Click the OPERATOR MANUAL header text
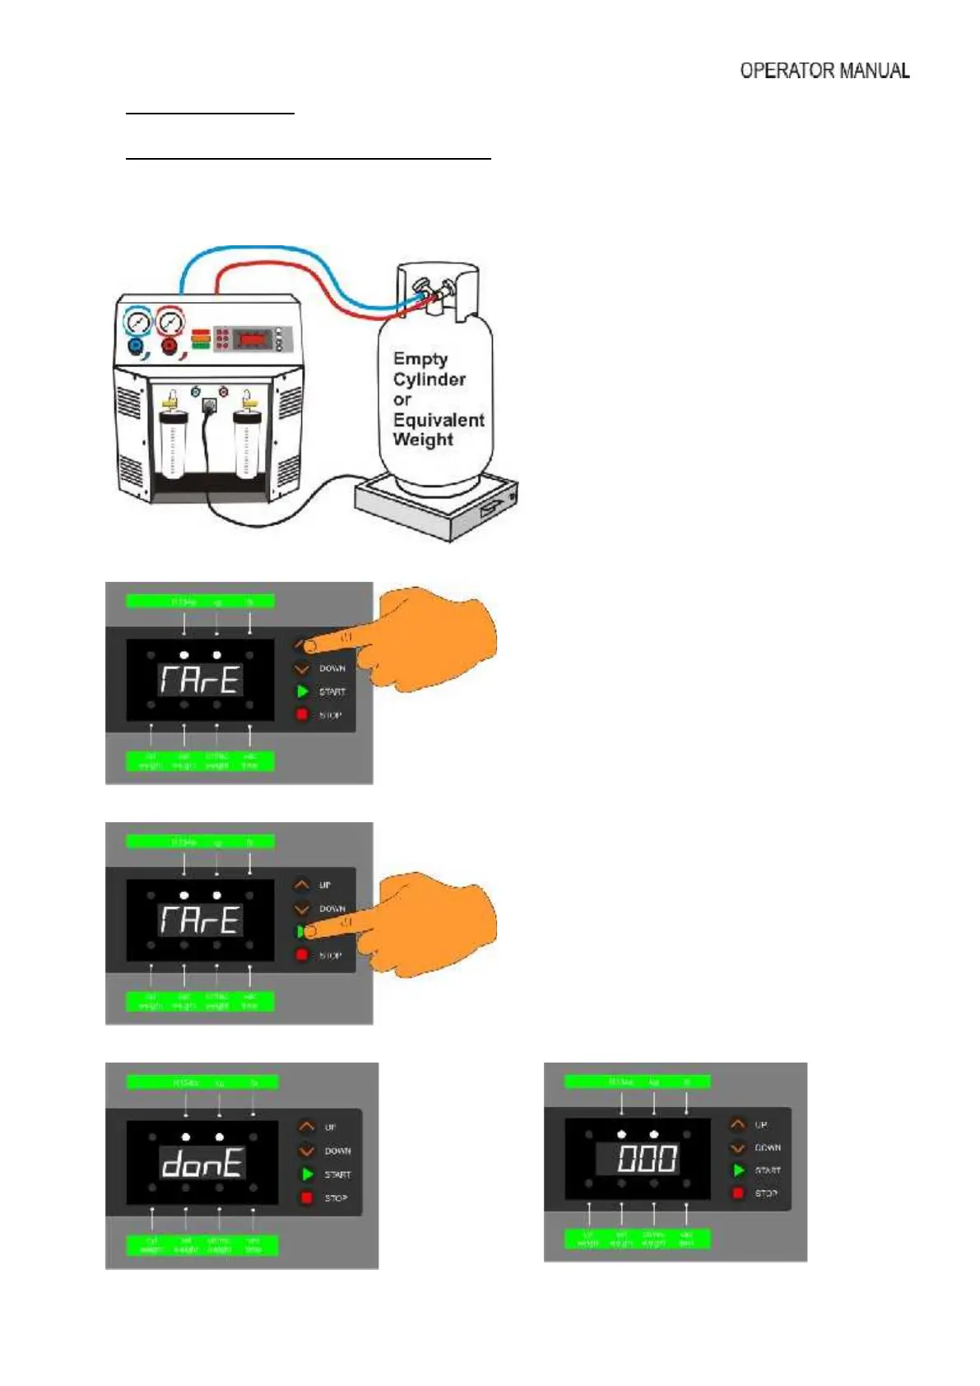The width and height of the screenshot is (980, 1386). click(x=824, y=71)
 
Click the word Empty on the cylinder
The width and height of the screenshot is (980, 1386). click(x=420, y=359)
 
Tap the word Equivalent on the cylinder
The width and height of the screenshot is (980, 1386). click(x=439, y=420)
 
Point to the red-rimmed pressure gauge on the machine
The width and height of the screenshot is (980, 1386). click(x=170, y=321)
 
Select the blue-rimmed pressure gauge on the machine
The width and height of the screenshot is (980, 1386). click(x=137, y=322)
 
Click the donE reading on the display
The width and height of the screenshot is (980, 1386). click(x=202, y=1163)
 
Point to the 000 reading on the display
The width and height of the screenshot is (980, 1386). click(x=648, y=1159)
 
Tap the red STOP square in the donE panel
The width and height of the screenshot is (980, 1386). click(x=307, y=1198)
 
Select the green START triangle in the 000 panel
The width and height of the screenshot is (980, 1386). click(x=738, y=1170)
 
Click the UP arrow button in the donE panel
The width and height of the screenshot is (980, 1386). click(x=306, y=1127)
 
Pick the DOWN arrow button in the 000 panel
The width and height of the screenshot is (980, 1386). click(x=737, y=1146)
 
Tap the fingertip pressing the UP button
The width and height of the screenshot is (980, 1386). click(x=311, y=647)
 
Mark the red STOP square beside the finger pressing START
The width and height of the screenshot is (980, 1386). click(x=302, y=955)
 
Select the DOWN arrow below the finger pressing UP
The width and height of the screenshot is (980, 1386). click(x=302, y=668)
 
